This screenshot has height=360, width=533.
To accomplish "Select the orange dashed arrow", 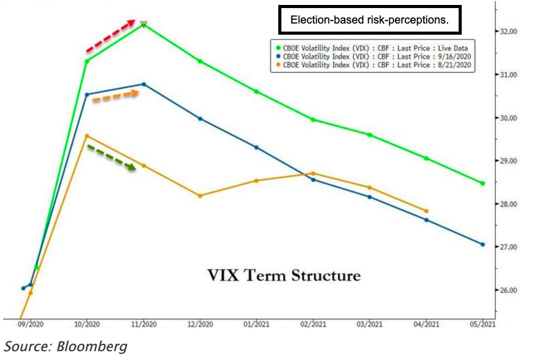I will pos(115,96).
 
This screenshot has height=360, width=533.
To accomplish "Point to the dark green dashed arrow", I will pos(112,157).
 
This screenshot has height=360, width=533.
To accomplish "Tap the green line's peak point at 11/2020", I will pos(144,25).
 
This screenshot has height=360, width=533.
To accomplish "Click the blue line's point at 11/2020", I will pos(144,84).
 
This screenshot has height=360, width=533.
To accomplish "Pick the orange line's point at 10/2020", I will pos(87,136).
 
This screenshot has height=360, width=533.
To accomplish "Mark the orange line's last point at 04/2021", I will pos(426,211).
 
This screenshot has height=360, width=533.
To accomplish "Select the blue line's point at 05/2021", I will pos(483,244).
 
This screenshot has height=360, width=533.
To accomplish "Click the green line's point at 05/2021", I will pos(483,183).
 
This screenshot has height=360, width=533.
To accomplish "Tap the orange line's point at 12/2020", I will pos(200,196).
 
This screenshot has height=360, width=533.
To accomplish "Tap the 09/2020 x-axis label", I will pos(31,324).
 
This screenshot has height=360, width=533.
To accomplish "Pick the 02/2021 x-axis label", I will pos(313,324).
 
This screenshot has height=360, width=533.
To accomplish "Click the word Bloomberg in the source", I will pos(92,346).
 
